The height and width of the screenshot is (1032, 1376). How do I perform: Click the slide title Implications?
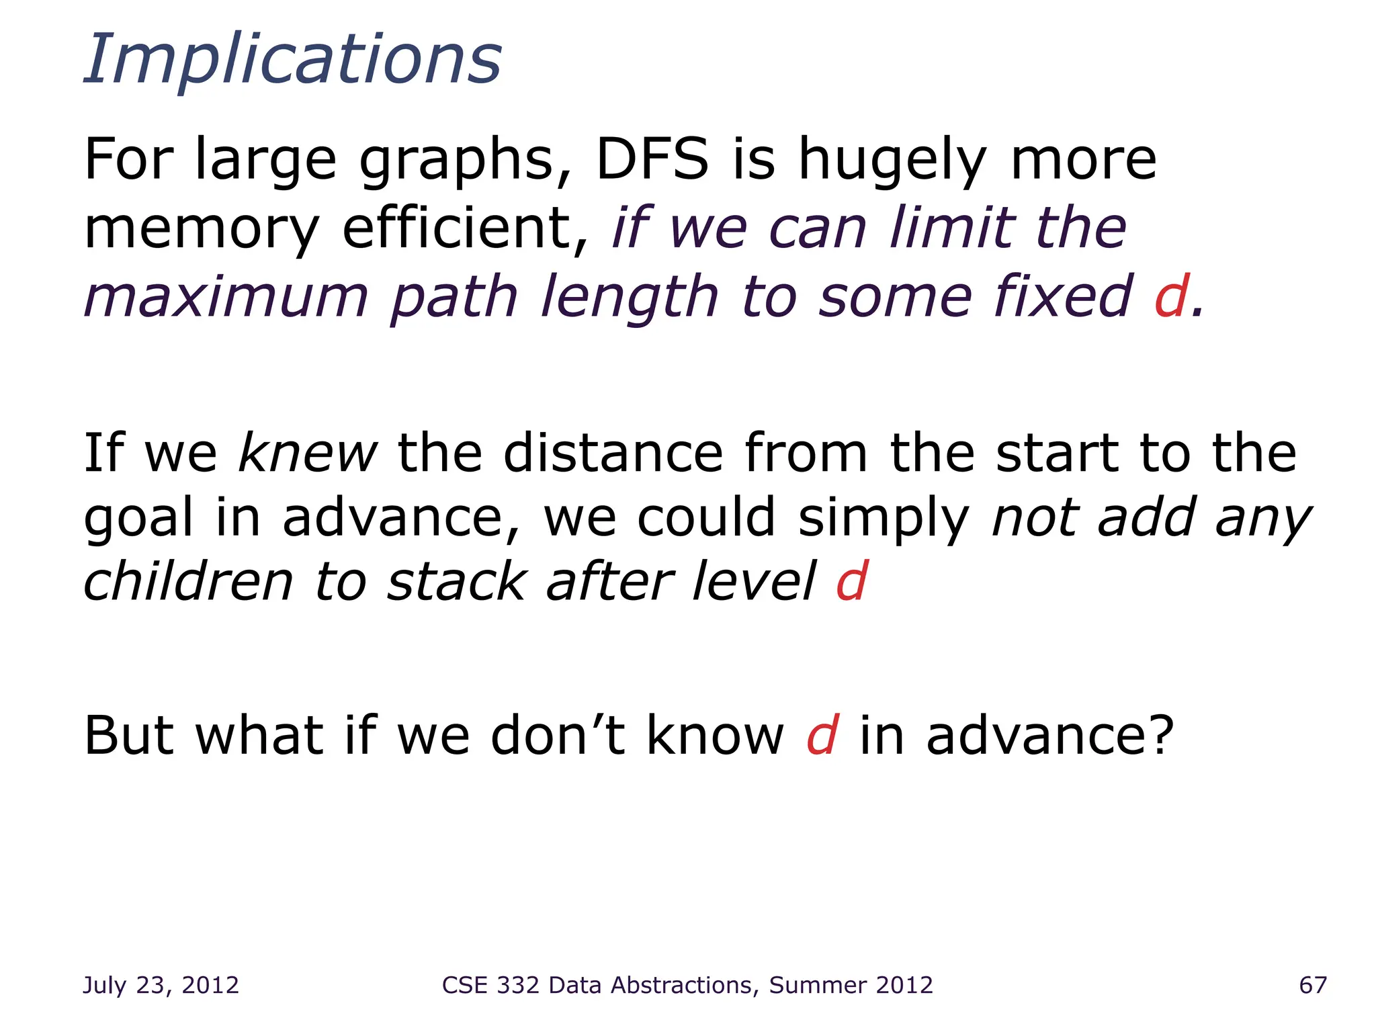tap(293, 60)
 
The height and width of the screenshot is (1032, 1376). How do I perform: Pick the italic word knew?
tap(308, 453)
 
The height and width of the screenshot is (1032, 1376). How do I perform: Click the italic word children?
tap(189, 582)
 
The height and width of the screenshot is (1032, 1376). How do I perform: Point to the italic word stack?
tap(457, 582)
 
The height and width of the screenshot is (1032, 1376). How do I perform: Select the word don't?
tap(558, 736)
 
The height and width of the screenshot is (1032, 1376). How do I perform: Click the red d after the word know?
tap(822, 736)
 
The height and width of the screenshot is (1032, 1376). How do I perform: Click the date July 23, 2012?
tap(161, 985)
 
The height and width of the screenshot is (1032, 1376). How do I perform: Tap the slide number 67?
tap(1313, 985)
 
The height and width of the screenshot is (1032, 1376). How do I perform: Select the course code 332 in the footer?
tap(518, 985)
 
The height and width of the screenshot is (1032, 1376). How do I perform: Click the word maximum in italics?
tap(226, 297)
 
